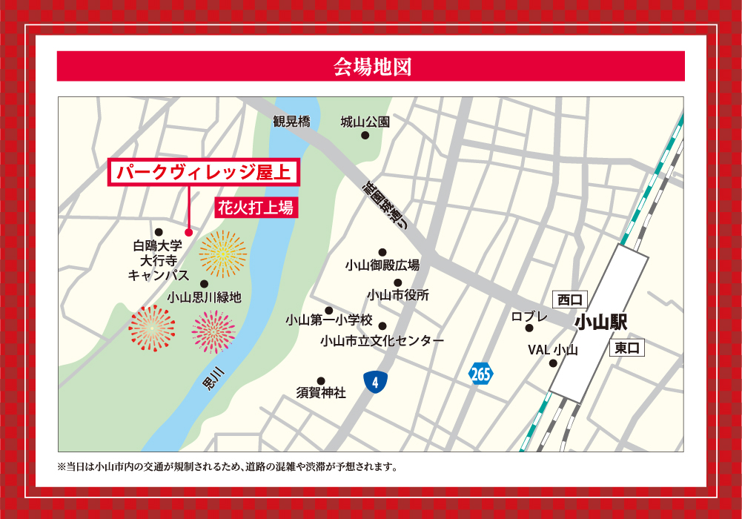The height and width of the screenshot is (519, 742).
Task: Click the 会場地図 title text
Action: coord(371,67)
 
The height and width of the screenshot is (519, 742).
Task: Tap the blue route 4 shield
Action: coord(376,383)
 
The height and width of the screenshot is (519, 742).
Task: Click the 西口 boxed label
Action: coord(571,300)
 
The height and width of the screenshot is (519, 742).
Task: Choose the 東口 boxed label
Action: coord(627,348)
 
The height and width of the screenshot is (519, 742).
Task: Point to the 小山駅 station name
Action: coord(600,323)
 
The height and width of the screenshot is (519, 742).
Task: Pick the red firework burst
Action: coord(152,328)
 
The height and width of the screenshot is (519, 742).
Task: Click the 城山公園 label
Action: coord(365,122)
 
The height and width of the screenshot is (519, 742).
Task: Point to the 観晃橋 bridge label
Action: coord(291,122)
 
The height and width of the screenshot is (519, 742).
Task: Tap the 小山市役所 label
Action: coord(398,295)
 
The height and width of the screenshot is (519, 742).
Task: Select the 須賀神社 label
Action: coord(321,393)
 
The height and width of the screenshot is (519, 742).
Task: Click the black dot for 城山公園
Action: coord(365,136)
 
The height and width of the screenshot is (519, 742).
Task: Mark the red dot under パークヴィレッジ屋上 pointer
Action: coord(188,232)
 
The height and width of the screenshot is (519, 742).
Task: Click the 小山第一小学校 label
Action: coord(329,320)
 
